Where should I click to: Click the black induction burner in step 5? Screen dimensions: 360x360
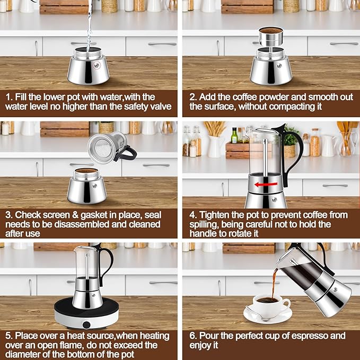pyautogui.click(x=87, y=315)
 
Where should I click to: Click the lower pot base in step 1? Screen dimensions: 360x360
pyautogui.click(x=88, y=70)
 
